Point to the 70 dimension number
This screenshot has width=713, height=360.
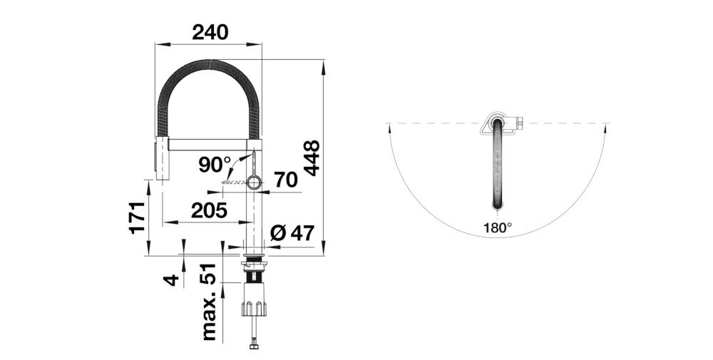point(285,181)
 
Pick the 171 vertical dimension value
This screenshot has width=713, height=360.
point(138,217)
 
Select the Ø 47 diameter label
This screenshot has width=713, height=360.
point(292,232)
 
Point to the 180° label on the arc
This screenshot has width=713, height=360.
point(498,228)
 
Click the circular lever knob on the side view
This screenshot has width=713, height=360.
point(255,183)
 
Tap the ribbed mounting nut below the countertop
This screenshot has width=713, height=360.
point(255,307)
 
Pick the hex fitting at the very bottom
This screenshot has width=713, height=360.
point(254,347)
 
